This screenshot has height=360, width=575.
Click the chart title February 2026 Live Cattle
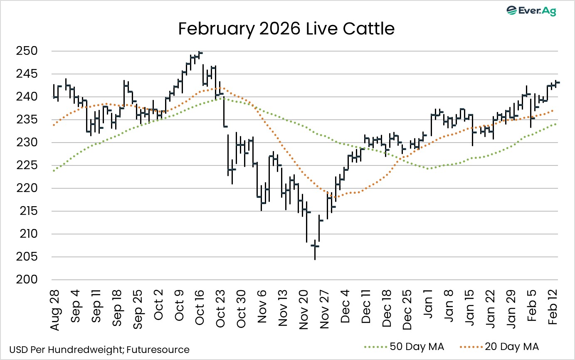click(x=286, y=29)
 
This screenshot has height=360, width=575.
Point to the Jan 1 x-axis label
click(x=429, y=308)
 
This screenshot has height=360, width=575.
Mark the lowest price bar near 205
click(x=315, y=249)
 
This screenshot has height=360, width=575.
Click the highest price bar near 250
click(x=200, y=52)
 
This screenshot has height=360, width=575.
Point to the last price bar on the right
click(x=557, y=82)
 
